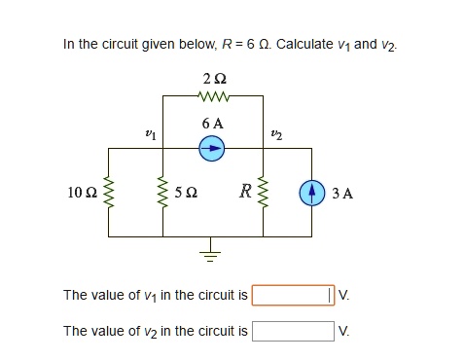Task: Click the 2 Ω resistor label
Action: pyautogui.click(x=212, y=78)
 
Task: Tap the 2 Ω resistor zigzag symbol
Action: pyautogui.click(x=212, y=96)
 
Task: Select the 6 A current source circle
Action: pyautogui.click(x=212, y=148)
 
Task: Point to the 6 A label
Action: pyautogui.click(x=212, y=124)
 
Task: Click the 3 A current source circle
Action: pyautogui.click(x=312, y=192)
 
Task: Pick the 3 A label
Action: pyautogui.click(x=342, y=193)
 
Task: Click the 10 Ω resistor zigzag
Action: pyautogui.click(x=109, y=193)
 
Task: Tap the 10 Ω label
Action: pyautogui.click(x=82, y=193)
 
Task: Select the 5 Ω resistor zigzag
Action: pyautogui.click(x=162, y=193)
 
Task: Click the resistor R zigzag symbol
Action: pyautogui.click(x=263, y=193)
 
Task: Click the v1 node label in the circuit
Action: pyautogui.click(x=148, y=132)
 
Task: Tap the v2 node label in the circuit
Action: pyautogui.click(x=277, y=132)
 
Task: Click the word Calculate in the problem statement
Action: pyautogui.click(x=306, y=45)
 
